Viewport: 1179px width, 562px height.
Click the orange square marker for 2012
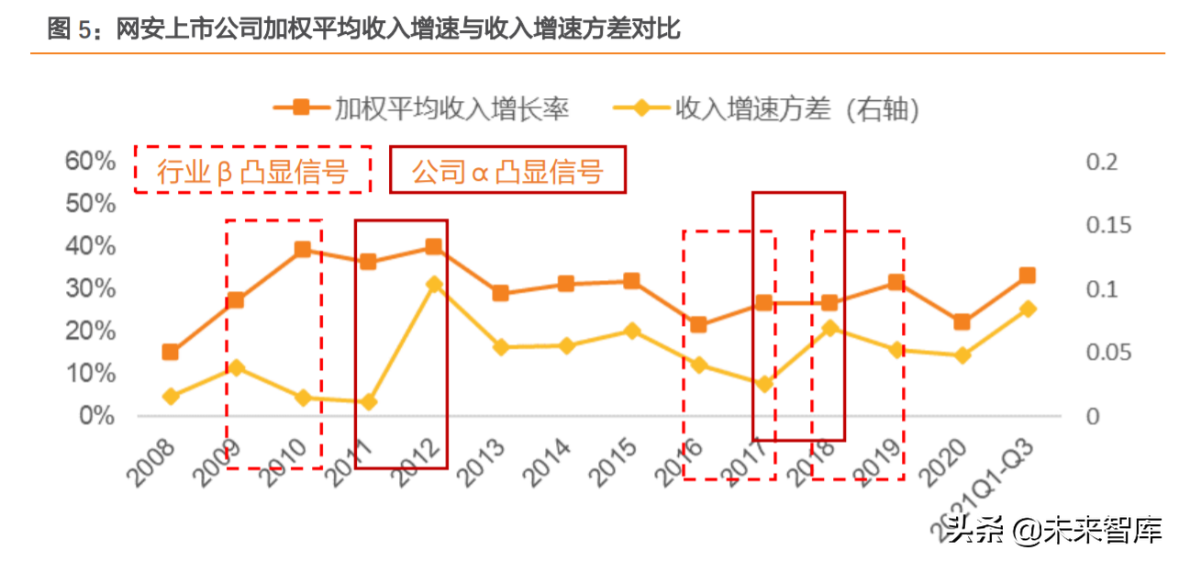click(x=433, y=247)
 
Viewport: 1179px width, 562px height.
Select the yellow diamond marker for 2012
click(x=434, y=285)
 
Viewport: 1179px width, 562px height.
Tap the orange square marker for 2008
click(x=170, y=352)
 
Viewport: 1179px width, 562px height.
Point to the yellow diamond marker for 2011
click(x=368, y=402)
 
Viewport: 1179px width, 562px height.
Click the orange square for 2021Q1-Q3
click(x=1027, y=275)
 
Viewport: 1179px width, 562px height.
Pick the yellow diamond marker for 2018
click(x=829, y=328)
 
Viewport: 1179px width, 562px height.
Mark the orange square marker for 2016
click(x=697, y=324)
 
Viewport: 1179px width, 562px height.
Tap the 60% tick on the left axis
click(x=90, y=162)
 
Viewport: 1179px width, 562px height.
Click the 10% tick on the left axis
click(x=90, y=374)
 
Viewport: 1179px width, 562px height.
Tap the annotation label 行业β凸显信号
click(x=252, y=171)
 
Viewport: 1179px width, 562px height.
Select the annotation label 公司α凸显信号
click(x=507, y=171)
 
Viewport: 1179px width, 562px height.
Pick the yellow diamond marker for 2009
click(x=236, y=367)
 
